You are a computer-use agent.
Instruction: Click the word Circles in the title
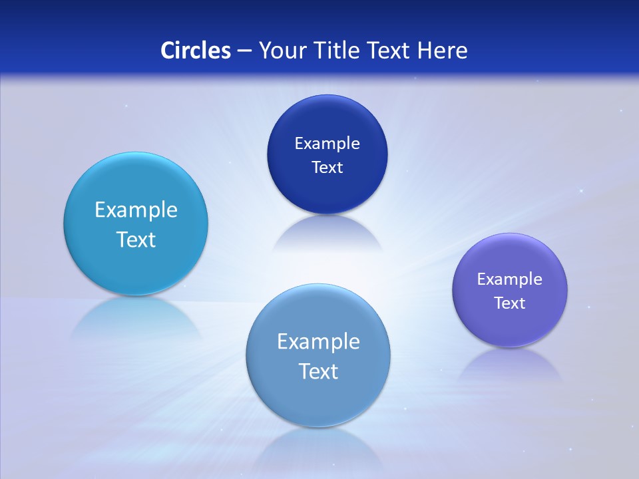[x=195, y=51]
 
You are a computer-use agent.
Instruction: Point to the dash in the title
[x=244, y=51]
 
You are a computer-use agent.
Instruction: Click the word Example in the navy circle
[x=327, y=144]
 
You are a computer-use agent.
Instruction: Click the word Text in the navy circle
[x=327, y=168]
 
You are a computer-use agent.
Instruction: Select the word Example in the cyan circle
[x=136, y=210]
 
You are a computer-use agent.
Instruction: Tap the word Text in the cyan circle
[x=136, y=239]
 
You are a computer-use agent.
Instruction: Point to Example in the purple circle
[x=510, y=279]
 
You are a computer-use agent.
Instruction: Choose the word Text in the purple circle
[x=510, y=303]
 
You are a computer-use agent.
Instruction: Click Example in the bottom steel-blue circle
[x=318, y=342]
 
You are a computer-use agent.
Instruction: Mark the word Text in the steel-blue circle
[x=318, y=371]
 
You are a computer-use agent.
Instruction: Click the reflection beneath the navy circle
[x=327, y=233]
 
